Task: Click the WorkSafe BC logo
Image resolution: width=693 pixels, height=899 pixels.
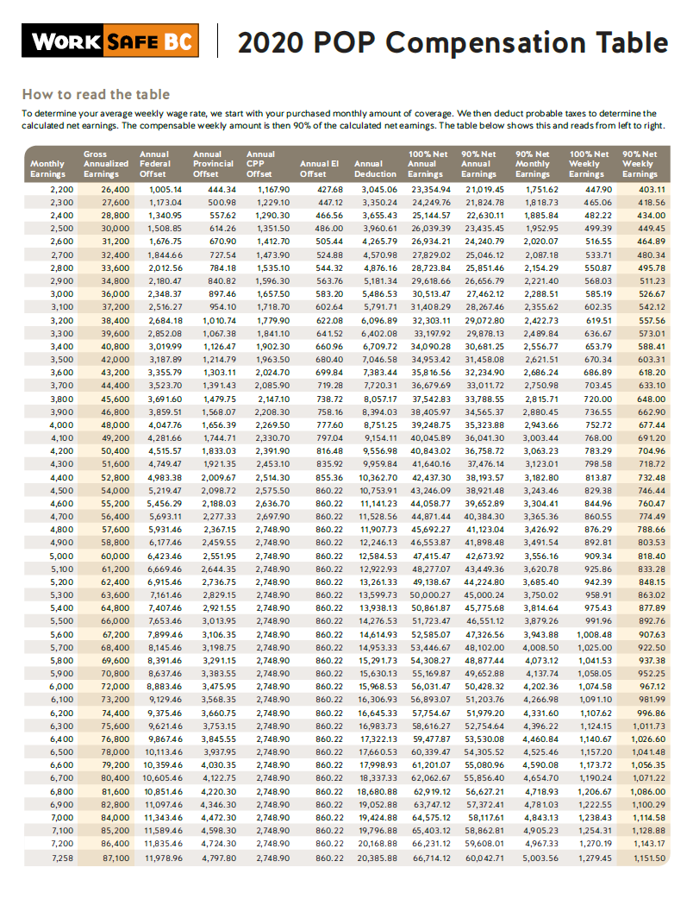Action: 112,41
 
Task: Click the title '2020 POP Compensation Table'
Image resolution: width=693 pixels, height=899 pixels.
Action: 453,42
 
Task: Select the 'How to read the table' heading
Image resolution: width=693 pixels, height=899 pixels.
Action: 96,94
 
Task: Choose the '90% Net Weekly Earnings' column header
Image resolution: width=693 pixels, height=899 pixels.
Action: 638,164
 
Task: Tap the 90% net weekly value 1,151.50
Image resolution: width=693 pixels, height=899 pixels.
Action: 649,858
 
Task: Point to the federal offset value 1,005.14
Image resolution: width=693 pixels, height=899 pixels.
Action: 166,189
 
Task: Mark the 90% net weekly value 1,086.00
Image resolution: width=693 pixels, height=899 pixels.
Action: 649,791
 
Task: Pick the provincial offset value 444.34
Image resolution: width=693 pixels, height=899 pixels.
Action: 222,189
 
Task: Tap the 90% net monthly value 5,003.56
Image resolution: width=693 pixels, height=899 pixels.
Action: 540,858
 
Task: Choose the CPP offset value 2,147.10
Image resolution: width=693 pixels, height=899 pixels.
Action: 273,399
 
